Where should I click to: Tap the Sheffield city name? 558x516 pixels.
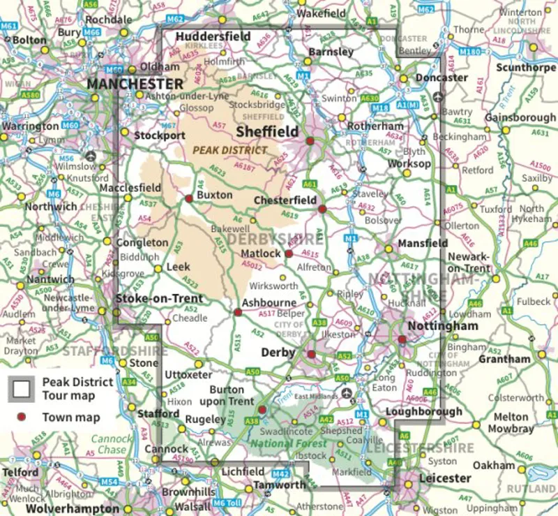[x=267, y=131]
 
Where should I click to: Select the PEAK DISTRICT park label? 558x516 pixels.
[x=229, y=149]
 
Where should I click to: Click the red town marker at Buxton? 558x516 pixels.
[x=188, y=198]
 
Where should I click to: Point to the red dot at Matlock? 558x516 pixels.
[x=289, y=253]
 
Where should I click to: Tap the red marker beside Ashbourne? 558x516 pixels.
[x=237, y=312]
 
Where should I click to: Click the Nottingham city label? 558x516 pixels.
[x=443, y=326]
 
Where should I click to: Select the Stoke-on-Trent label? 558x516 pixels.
[x=159, y=299]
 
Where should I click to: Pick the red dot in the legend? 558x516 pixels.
[x=22, y=418]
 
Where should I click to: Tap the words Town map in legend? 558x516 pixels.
[x=71, y=418]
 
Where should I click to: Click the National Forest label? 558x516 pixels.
[x=288, y=443]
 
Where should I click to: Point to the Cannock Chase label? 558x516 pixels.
[x=112, y=445]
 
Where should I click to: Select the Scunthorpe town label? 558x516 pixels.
[x=526, y=68]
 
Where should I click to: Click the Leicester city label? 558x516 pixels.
[x=444, y=478]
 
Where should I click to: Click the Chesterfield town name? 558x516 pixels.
[x=285, y=200]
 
